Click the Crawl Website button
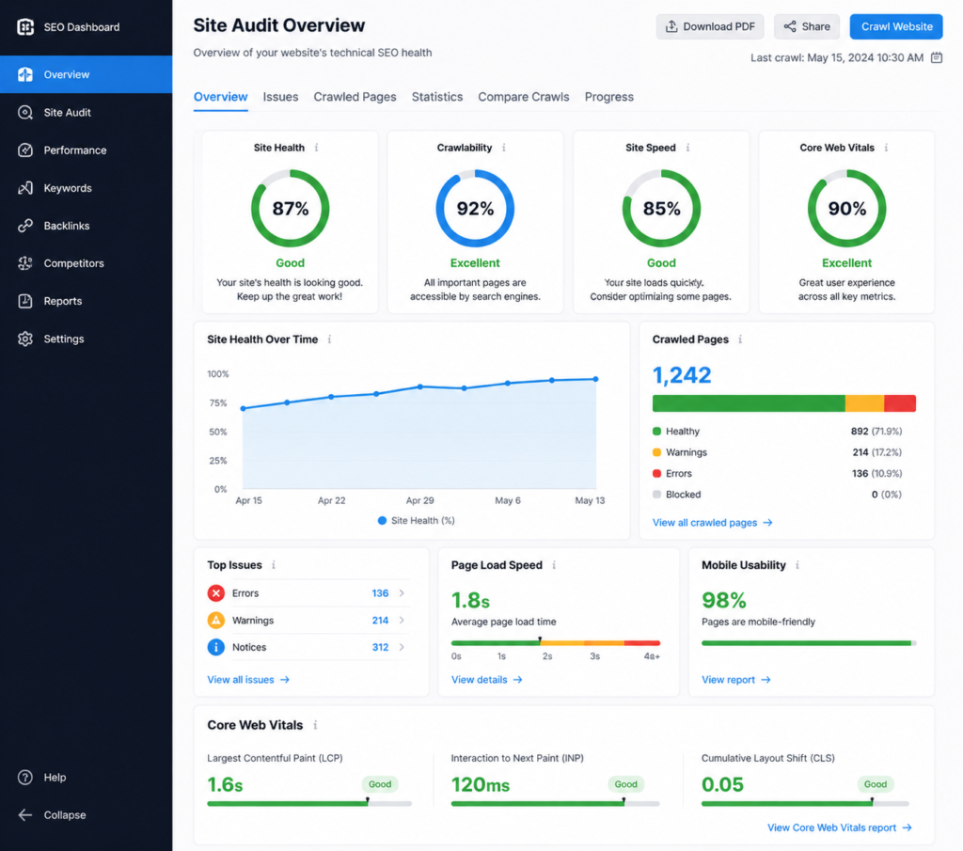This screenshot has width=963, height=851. pyautogui.click(x=896, y=26)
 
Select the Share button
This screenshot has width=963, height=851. pyautogui.click(x=806, y=26)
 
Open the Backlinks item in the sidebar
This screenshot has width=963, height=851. pyautogui.click(x=66, y=226)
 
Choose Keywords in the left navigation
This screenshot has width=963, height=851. pyautogui.click(x=68, y=188)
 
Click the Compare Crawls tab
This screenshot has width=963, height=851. pyautogui.click(x=523, y=97)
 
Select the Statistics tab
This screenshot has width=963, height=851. pyautogui.click(x=437, y=97)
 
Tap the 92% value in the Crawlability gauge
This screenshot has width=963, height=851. pyautogui.click(x=475, y=209)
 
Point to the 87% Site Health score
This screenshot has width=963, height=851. pyautogui.click(x=290, y=209)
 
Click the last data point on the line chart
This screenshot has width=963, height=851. pyautogui.click(x=595, y=379)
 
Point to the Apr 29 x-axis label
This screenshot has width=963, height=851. pyautogui.click(x=419, y=501)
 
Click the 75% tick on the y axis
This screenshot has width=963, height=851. pyautogui.click(x=217, y=403)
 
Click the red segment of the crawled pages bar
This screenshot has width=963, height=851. pyautogui.click(x=899, y=403)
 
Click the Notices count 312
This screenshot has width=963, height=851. pyautogui.click(x=380, y=647)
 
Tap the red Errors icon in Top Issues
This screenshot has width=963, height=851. pyautogui.click(x=216, y=593)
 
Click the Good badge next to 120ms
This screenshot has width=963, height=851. pyautogui.click(x=625, y=784)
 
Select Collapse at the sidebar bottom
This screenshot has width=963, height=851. pyautogui.click(x=64, y=815)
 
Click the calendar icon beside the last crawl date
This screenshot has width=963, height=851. pyautogui.click(x=936, y=57)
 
